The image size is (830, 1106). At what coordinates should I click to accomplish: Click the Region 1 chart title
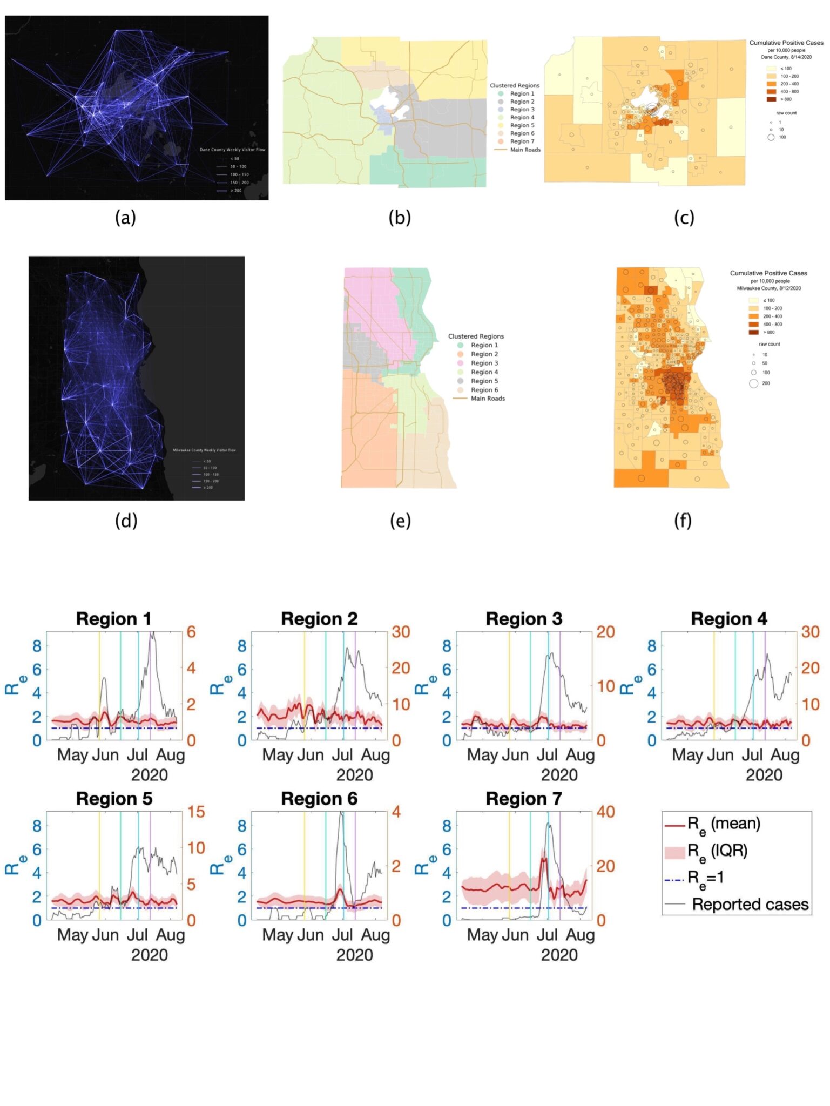click(113, 619)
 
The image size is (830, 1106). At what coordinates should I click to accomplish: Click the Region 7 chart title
click(523, 799)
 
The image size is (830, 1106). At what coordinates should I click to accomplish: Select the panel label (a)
click(125, 218)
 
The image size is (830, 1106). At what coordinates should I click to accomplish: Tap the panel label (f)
click(683, 521)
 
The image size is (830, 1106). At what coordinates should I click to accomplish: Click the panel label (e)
click(400, 521)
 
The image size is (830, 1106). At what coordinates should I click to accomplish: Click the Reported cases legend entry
click(750, 904)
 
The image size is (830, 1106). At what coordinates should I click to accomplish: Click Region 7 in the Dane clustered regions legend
click(522, 141)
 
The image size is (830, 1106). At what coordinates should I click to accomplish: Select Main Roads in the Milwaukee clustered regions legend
click(487, 399)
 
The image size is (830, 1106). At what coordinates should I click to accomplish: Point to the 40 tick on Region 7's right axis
click(605, 812)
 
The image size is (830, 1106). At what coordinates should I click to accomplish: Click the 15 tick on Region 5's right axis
click(195, 812)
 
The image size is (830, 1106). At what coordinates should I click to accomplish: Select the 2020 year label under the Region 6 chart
click(354, 955)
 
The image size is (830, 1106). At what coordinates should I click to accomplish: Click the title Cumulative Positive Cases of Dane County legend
click(786, 43)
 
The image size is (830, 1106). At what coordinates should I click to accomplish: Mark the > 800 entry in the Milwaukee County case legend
click(768, 332)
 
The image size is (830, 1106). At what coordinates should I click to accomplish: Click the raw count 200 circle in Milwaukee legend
click(754, 383)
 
